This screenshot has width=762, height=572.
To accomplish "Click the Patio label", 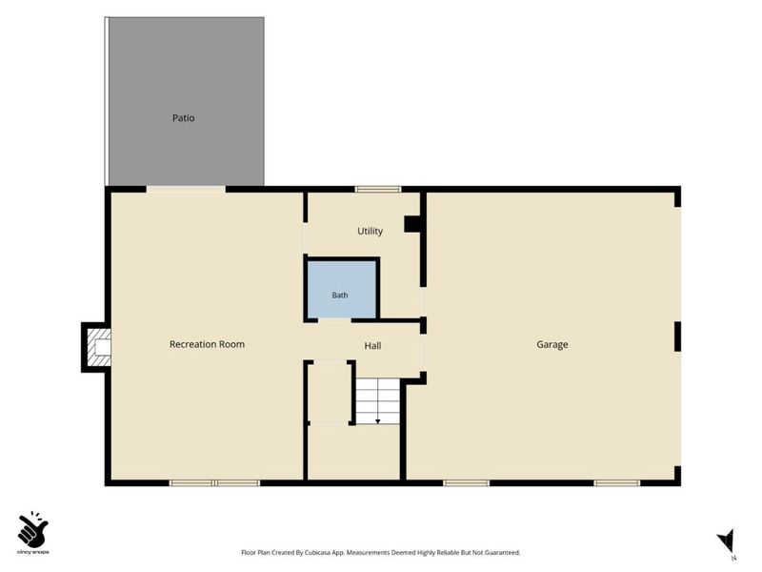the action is point(183,117).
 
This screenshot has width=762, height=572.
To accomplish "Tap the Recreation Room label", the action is point(207,344).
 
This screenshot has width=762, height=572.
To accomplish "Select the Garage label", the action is point(552,344).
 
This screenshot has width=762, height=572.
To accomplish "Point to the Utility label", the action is point(370,231).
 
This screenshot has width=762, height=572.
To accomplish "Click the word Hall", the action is point(372,346).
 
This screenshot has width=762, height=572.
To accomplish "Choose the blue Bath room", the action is point(342,290).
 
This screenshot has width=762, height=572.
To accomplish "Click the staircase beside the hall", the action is point(378,401).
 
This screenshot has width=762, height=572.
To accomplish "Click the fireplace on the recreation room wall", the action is point(97,347).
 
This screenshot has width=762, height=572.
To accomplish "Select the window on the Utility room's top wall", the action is point(378,189).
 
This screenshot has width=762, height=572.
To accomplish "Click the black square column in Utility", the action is point(412,224).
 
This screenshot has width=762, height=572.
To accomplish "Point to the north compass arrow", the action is point(727,541).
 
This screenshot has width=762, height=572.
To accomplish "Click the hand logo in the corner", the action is point(32,529).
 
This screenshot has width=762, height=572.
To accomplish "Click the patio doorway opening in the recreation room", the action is point(186,189).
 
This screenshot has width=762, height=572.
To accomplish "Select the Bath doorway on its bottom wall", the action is point(334,320).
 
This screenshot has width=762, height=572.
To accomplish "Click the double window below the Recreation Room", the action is point(214,483).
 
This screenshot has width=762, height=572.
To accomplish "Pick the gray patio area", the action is point(186,101).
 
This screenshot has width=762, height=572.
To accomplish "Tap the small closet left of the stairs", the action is point(330,392).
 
